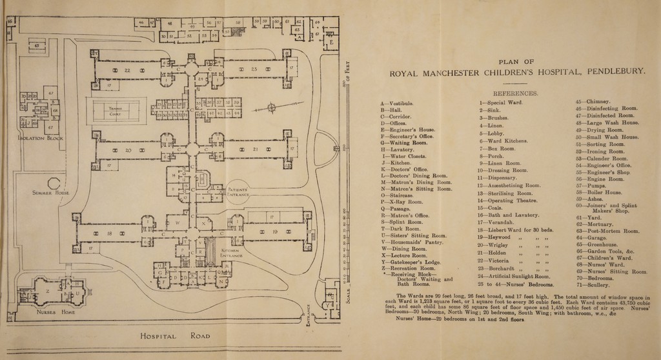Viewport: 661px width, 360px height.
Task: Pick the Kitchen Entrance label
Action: (230, 253)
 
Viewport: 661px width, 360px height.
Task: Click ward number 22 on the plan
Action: (127, 70)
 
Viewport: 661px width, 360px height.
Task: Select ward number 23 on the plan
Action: (254, 70)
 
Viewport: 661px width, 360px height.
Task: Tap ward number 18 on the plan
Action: (110, 232)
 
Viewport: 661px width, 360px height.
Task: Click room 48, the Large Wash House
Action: (170, 23)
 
